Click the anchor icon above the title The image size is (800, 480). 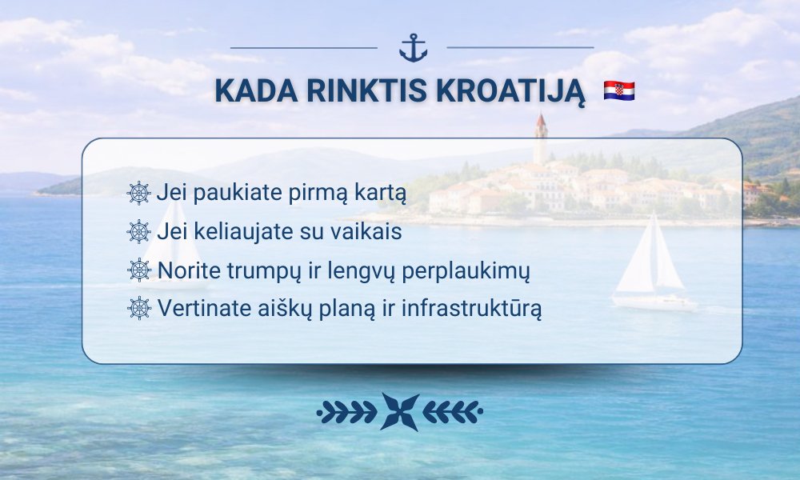click(x=413, y=48)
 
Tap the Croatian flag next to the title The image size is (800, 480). click(x=619, y=90)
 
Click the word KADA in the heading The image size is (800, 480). click(x=256, y=90)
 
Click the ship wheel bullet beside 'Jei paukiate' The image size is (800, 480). click(x=138, y=194)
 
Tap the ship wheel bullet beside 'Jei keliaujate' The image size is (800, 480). click(x=138, y=231)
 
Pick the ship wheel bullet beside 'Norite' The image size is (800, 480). click(x=138, y=270)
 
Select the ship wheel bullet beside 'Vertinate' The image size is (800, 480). click(x=138, y=308)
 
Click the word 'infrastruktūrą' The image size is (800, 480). click(x=471, y=309)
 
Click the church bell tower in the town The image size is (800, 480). click(x=541, y=138)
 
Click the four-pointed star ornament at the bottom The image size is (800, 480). click(x=400, y=412)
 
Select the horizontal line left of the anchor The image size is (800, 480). click(x=304, y=48)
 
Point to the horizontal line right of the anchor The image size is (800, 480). click(x=521, y=48)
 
